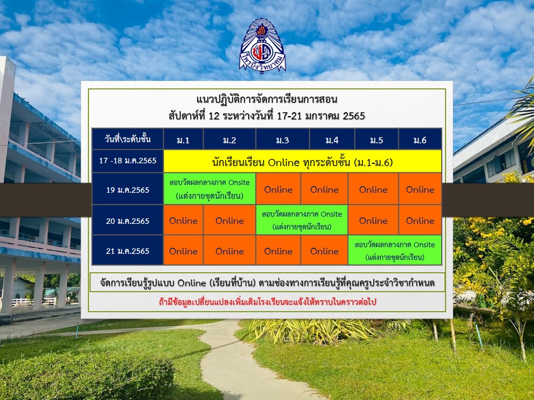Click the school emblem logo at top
[x=262, y=46]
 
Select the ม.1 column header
[x=183, y=139]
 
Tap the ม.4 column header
[x=332, y=139]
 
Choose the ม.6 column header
[x=420, y=139]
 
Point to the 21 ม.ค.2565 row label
[x=128, y=251]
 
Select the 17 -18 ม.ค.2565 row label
[x=128, y=161]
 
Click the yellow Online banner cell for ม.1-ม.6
[x=303, y=161]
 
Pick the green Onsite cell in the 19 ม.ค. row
[x=210, y=189]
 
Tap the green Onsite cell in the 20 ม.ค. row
[x=301, y=220]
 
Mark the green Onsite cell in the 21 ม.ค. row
[x=395, y=251]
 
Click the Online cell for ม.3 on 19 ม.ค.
[x=278, y=189]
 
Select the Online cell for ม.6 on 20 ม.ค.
[x=420, y=220]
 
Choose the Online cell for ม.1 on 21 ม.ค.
[x=183, y=251]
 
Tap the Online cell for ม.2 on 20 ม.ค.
[x=230, y=220]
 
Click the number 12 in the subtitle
[x=214, y=116]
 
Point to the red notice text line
[x=268, y=302]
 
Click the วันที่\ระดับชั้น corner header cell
[x=128, y=139]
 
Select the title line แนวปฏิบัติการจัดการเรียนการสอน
[x=267, y=99]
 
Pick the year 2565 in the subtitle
[x=354, y=116]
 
